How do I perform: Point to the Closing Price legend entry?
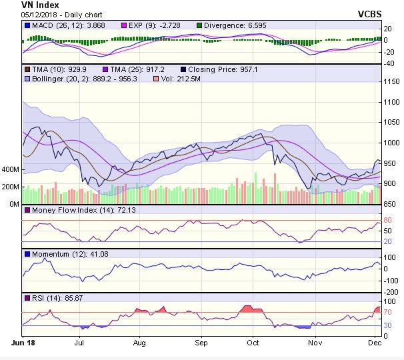(x=220, y=69)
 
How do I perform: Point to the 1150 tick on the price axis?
(x=393, y=81)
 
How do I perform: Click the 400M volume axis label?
(x=11, y=169)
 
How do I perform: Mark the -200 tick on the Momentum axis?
(x=391, y=291)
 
